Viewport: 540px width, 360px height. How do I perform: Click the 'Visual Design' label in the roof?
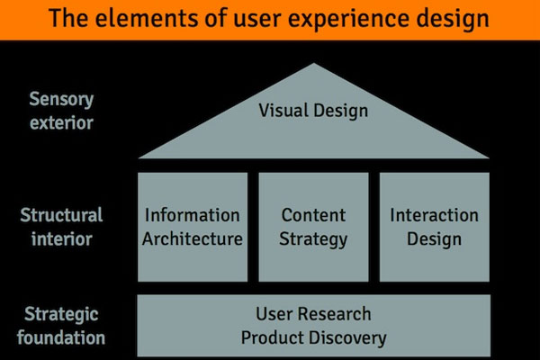pyautogui.click(x=313, y=111)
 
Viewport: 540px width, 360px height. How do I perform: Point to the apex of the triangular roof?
pyautogui.click(x=313, y=65)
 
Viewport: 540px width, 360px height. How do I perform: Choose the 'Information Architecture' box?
pyautogui.click(x=193, y=227)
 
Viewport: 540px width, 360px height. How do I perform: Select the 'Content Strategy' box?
pyautogui.click(x=314, y=227)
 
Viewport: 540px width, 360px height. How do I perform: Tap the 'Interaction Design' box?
pyautogui.click(x=434, y=227)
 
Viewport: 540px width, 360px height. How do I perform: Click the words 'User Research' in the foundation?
pyautogui.click(x=313, y=315)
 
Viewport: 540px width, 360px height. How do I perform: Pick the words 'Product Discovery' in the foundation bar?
pyautogui.click(x=313, y=337)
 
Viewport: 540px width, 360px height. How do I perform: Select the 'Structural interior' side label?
pyautogui.click(x=61, y=227)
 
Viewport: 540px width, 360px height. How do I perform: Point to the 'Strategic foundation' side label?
pyautogui.click(x=61, y=327)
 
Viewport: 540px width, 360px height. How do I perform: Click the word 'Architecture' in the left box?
pyautogui.click(x=193, y=238)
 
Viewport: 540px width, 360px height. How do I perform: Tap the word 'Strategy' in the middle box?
pyautogui.click(x=314, y=238)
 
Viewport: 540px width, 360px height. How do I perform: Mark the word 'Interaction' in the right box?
pyautogui.click(x=434, y=216)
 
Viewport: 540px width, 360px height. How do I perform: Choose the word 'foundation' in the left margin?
pyautogui.click(x=61, y=338)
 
